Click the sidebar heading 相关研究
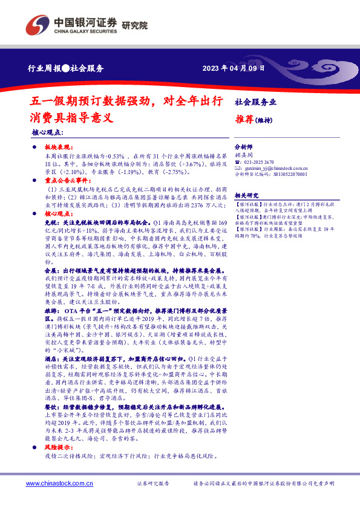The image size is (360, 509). (246, 195)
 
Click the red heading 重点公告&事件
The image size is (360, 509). (63, 180)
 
